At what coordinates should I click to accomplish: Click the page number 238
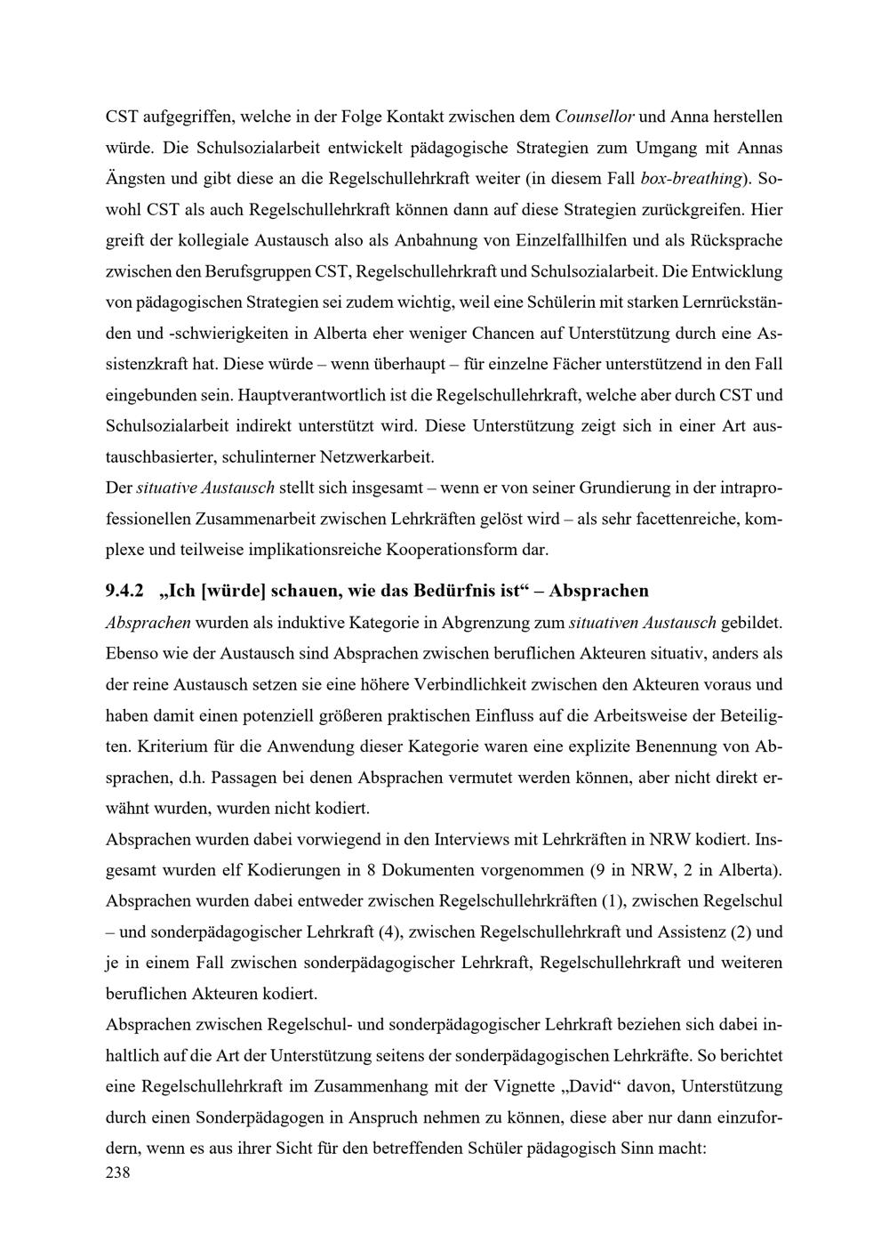coord(118,1173)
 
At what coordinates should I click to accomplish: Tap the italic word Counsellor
coord(594,117)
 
